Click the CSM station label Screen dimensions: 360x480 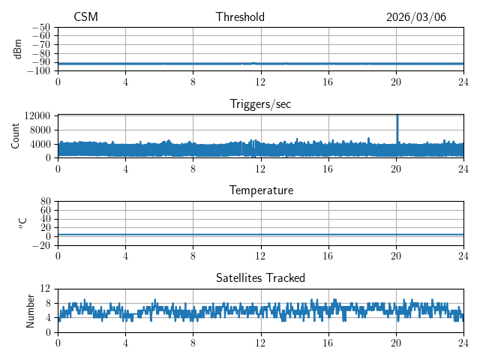pos(85,17)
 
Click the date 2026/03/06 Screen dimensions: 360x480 pos(416,17)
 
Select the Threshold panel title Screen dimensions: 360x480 pos(240,17)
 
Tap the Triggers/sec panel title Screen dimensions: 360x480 pos(260,104)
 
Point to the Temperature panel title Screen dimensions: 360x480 pos(260,190)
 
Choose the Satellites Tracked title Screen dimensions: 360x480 pos(260,277)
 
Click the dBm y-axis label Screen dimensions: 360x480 pos(18,49)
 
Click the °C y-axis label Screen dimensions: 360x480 pos(22,223)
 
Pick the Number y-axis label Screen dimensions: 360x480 pos(31,310)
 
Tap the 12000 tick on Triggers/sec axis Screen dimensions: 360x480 pos(37,115)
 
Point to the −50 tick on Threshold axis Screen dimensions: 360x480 pos(41,27)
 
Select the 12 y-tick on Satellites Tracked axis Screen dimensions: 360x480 pos(46,289)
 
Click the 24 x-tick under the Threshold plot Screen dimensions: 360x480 pos(463,82)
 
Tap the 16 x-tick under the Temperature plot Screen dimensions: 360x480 pos(328,256)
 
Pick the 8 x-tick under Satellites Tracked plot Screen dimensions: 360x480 pos(193,343)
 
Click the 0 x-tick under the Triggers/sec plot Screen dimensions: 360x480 pos(58,169)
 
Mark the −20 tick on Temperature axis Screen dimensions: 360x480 pos(41,245)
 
